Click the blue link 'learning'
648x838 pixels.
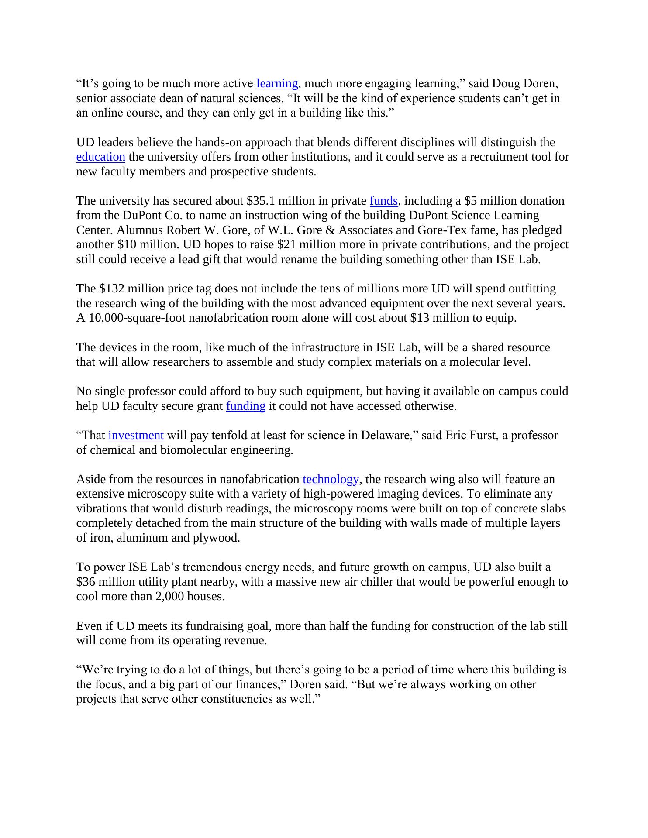point(277,83)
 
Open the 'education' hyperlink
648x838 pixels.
point(100,157)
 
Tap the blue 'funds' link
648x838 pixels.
point(383,201)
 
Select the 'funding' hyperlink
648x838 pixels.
point(245,406)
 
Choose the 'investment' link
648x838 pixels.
point(136,435)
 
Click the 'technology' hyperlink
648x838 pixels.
point(331,479)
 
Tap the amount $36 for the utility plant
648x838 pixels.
point(86,582)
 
